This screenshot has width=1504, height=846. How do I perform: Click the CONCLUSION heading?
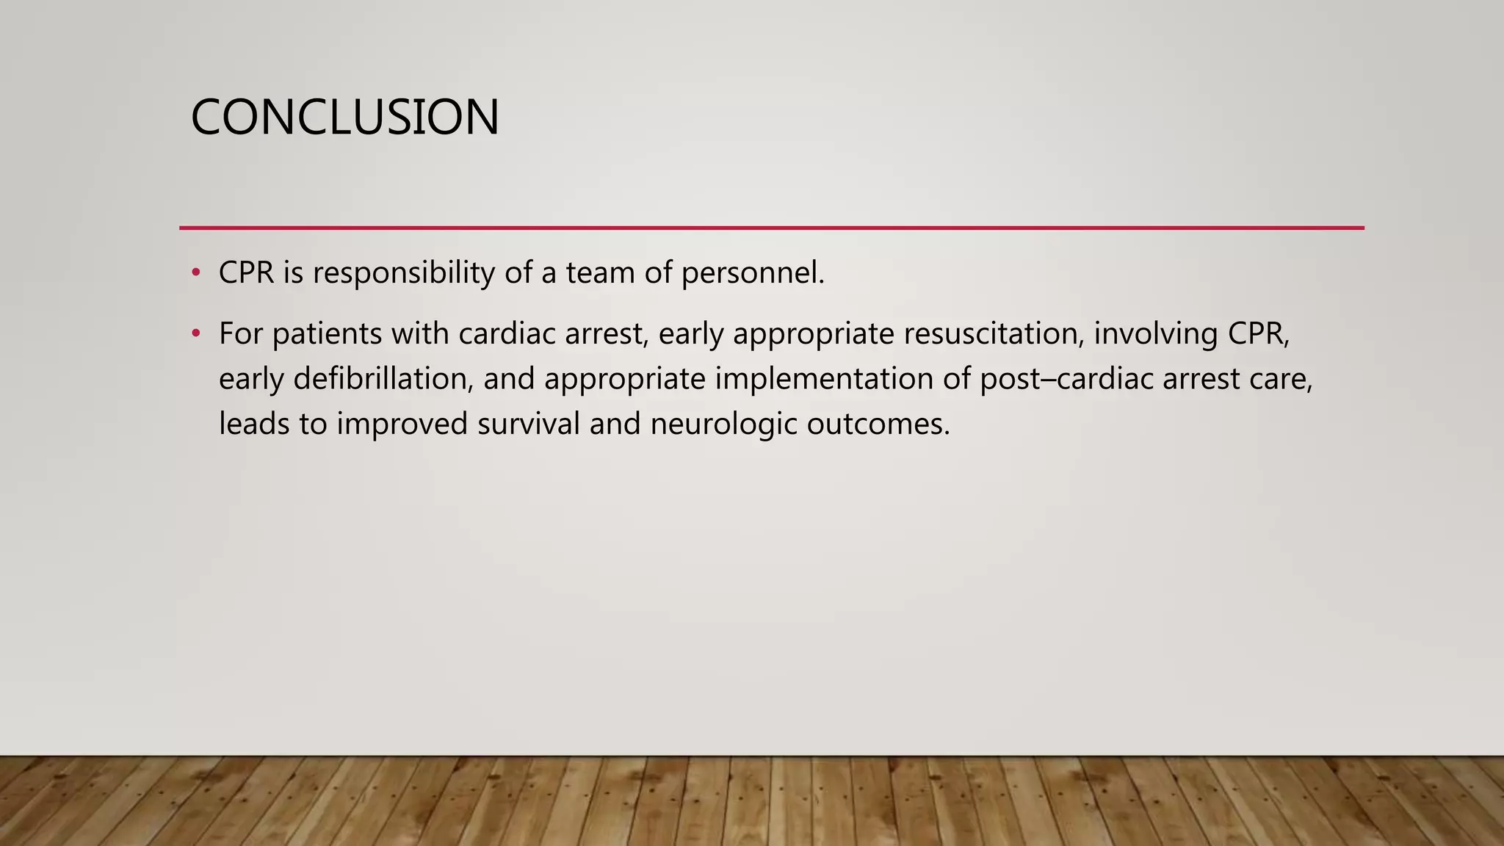click(344, 117)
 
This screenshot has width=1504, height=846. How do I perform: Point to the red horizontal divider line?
click(771, 228)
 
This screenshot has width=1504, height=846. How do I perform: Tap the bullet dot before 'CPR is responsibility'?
click(195, 273)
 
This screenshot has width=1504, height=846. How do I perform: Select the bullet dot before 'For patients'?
click(195, 334)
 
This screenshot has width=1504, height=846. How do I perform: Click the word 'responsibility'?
click(404, 273)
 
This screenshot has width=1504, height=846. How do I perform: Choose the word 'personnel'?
click(749, 273)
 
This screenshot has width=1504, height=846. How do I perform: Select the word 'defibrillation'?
click(383, 380)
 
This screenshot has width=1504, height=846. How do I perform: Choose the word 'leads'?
click(254, 424)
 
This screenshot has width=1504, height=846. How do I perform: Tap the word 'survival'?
click(528, 424)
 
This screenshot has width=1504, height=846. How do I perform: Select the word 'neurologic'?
click(723, 424)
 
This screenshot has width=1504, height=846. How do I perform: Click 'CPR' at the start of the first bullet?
click(246, 273)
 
